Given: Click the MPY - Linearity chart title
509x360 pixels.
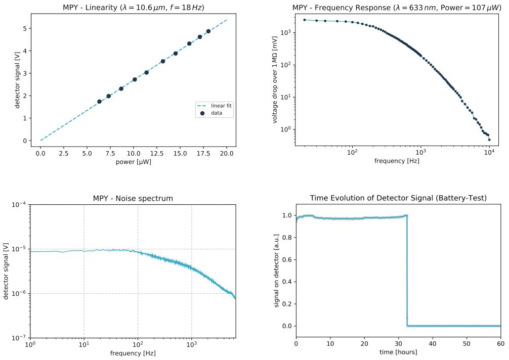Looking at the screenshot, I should [133, 7].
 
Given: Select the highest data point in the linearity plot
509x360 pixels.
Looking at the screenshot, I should [208, 31].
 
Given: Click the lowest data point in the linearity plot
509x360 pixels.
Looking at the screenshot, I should [99, 102].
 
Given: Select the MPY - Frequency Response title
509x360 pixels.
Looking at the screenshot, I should [397, 7].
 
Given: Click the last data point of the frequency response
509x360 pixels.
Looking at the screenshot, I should [489, 140].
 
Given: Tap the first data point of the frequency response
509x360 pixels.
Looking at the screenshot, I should [305, 20].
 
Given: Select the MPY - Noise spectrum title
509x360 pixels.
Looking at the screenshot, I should [133, 198].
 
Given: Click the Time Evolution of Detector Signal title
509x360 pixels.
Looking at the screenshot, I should [398, 198].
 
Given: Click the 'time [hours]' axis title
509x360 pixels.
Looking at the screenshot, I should [398, 352].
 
